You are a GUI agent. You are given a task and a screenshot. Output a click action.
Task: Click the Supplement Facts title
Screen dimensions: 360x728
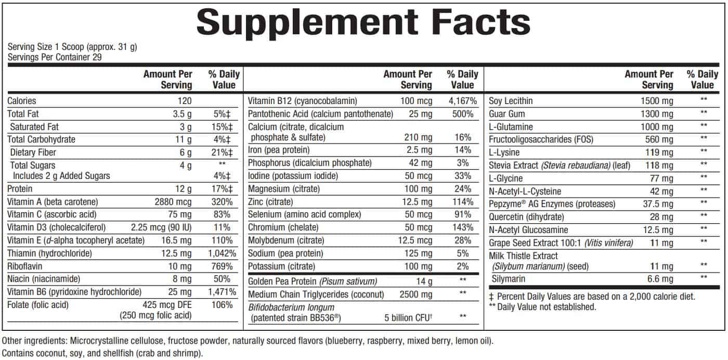pos(363,22)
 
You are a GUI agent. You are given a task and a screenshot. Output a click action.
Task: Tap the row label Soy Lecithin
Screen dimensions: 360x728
pos(511,101)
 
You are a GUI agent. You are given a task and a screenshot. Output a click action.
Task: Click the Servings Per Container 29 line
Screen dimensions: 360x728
pos(55,57)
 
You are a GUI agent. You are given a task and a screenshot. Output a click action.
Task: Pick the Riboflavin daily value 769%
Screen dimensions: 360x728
pos(223,266)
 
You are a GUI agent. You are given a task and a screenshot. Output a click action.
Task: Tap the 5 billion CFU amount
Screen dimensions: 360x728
pos(408,318)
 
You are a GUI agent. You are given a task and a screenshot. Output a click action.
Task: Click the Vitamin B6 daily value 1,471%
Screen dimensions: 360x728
pos(222,292)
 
